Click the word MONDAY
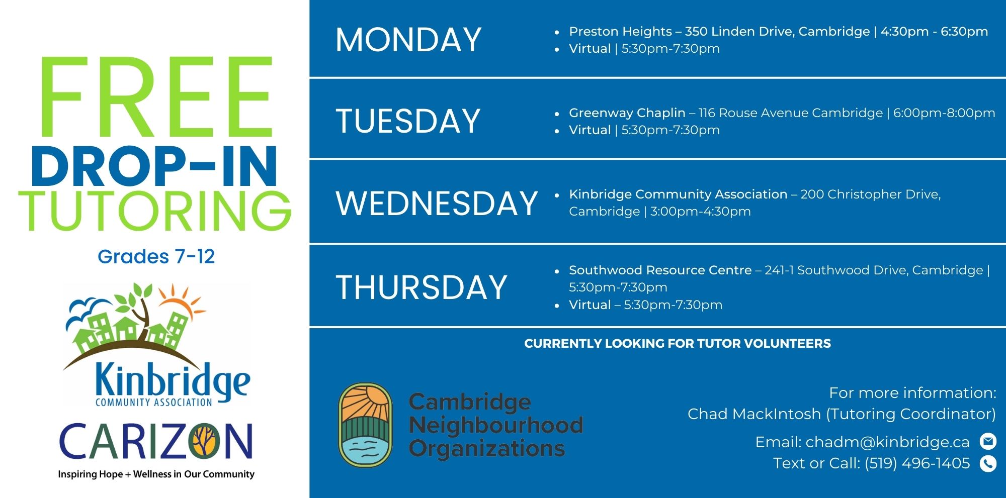click(408, 40)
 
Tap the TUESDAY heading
click(408, 121)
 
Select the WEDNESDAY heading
click(437, 204)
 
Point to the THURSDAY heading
click(422, 287)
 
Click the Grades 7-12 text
click(156, 257)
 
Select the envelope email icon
click(988, 441)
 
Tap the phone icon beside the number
click(988, 463)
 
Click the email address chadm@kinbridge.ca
click(887, 442)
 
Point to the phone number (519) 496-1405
click(917, 463)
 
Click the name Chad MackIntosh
click(754, 414)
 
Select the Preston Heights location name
click(620, 32)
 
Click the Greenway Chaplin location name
click(627, 113)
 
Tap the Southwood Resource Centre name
click(660, 270)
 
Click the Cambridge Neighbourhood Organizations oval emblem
click(365, 425)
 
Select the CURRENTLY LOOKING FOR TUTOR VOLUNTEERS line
click(678, 344)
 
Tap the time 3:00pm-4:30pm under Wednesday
click(700, 212)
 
